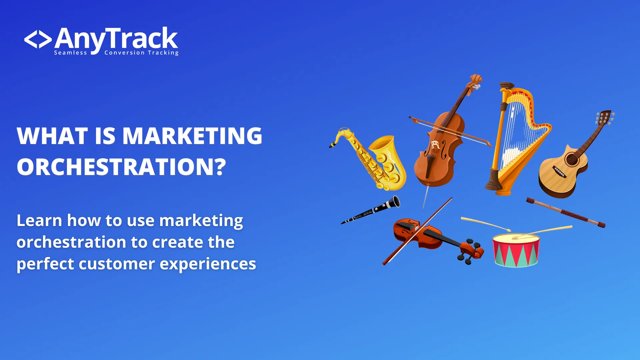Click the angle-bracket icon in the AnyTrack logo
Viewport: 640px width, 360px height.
(38, 40)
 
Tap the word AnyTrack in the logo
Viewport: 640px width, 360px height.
(116, 39)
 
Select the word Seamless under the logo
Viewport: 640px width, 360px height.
(70, 53)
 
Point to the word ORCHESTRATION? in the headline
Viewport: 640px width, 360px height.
(121, 167)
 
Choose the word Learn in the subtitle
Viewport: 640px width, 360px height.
(39, 221)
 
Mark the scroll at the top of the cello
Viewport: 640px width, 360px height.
(476, 80)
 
